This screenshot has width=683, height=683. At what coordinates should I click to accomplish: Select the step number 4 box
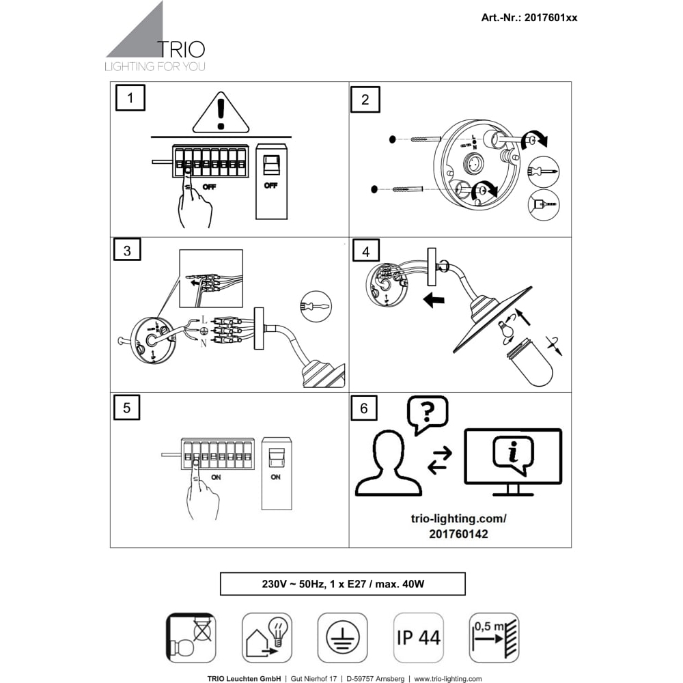tap(365, 251)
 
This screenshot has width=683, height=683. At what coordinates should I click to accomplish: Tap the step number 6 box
tap(363, 408)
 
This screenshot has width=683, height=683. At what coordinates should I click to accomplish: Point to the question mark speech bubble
tap(427, 414)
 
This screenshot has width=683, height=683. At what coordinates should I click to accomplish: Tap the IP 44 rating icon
tap(418, 638)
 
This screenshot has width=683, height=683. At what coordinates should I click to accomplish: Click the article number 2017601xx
tap(529, 18)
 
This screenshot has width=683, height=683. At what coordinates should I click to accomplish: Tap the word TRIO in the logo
tap(181, 49)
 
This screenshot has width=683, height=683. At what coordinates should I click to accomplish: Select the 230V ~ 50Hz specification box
tap(342, 584)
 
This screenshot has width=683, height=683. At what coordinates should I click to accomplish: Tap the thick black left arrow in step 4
tap(434, 300)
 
